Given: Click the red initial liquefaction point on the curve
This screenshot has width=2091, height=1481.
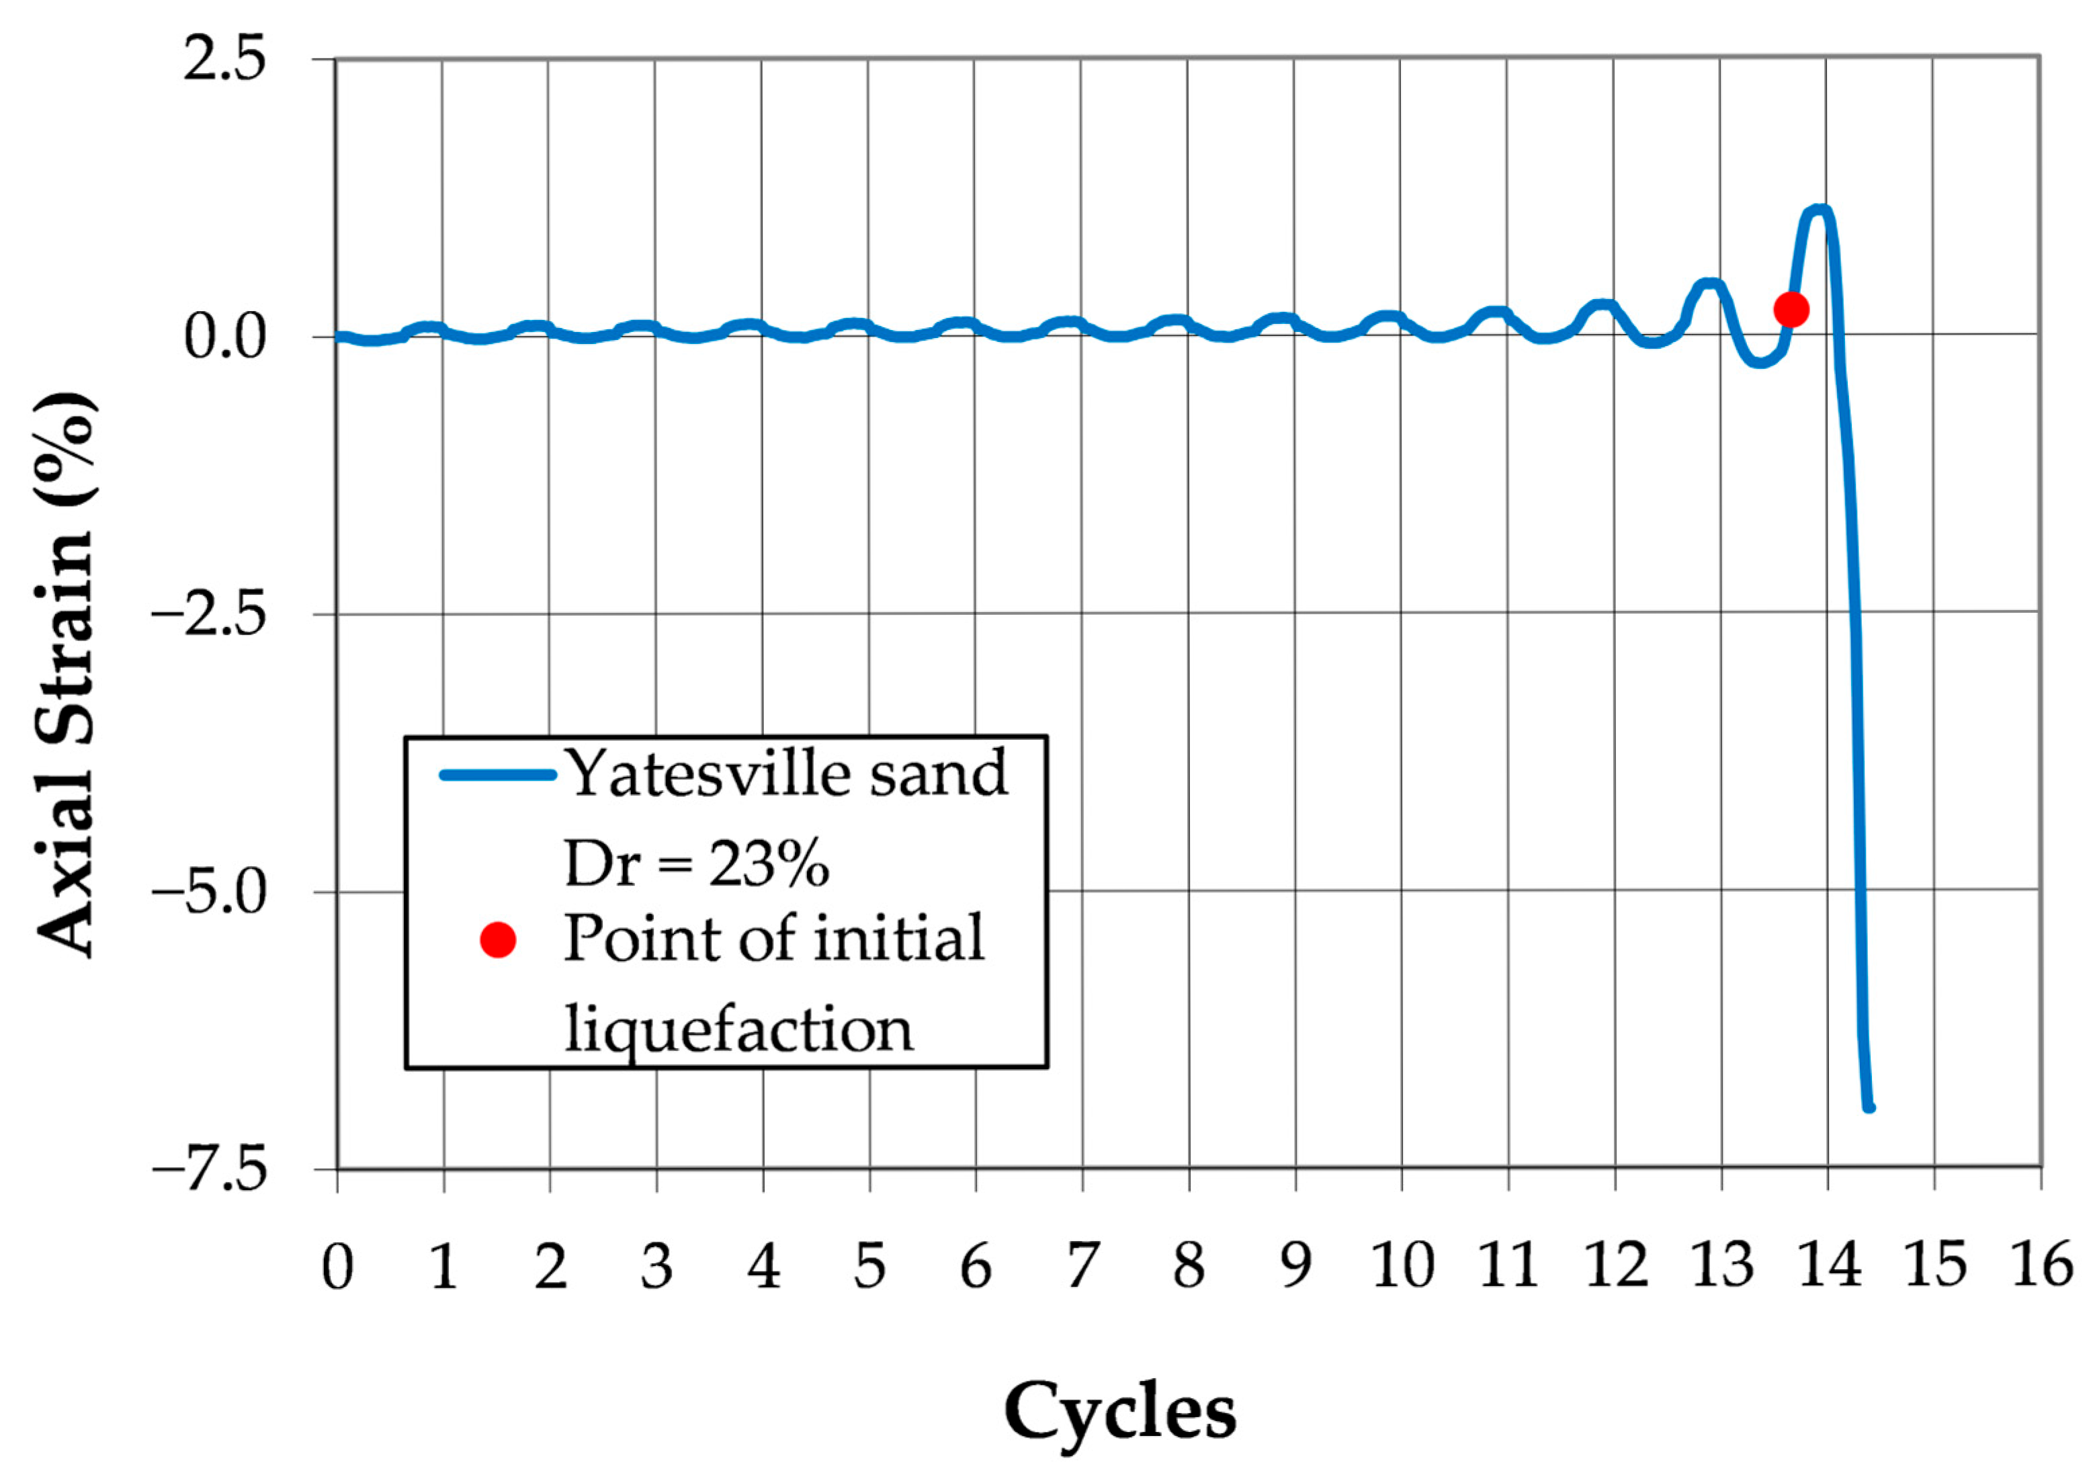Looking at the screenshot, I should [1791, 310].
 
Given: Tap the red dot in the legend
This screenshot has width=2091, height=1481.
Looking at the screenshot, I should [498, 939].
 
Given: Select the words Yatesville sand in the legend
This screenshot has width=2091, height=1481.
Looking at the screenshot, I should [786, 773].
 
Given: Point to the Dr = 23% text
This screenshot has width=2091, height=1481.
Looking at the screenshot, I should [697, 863].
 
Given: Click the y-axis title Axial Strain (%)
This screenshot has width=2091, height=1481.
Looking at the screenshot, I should [66, 675].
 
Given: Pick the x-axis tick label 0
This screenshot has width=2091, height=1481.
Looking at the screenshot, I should [337, 1267].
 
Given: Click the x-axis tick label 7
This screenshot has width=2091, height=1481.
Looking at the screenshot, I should [1082, 1267].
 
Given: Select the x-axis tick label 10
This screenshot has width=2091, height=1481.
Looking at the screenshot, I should [1402, 1267].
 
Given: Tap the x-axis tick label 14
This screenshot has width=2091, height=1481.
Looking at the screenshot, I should [1829, 1267].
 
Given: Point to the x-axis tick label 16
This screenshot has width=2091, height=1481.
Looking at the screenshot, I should [2043, 1267].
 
